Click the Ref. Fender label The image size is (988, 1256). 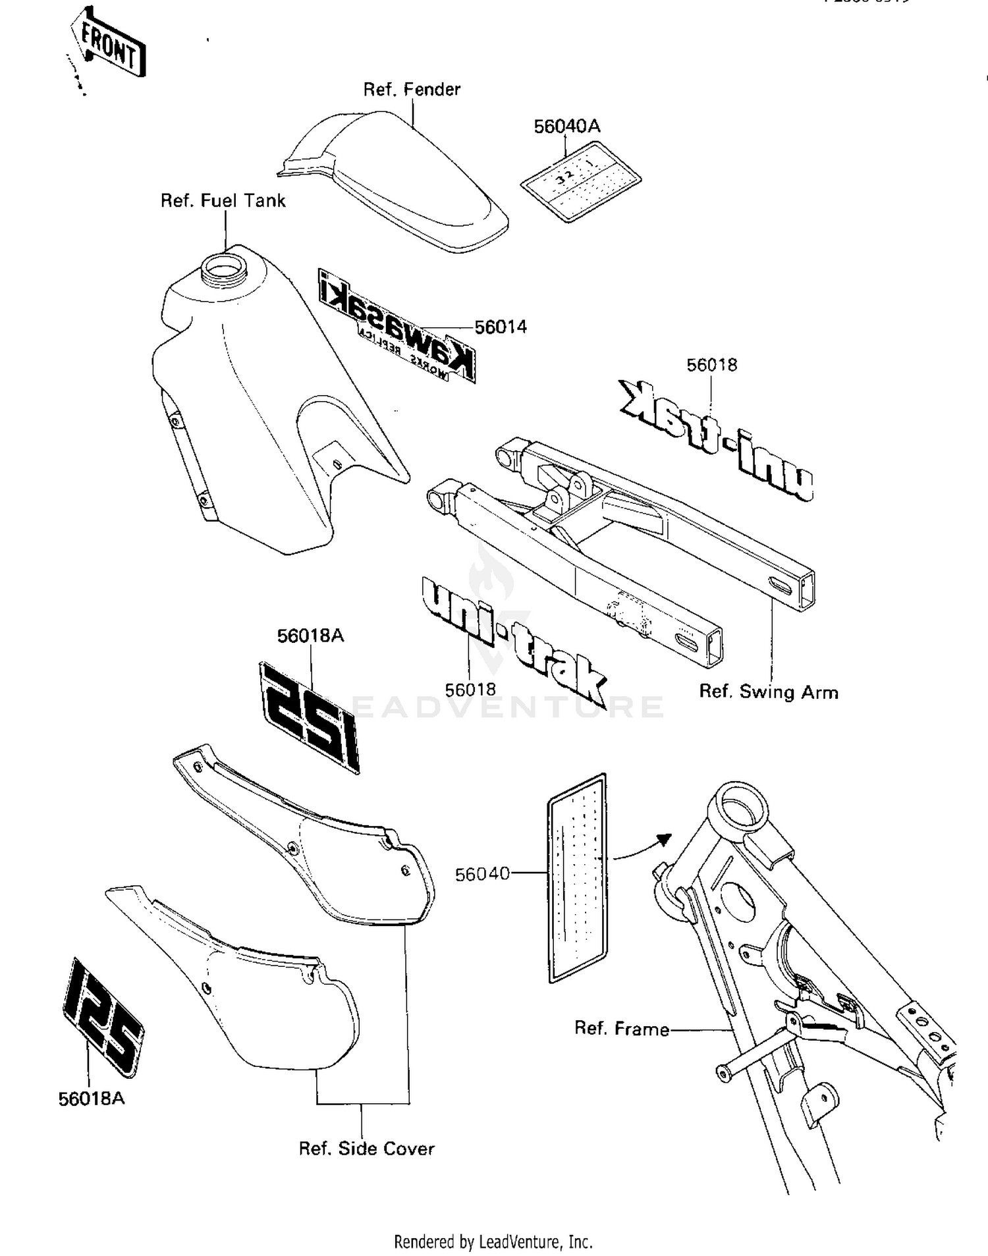point(412,90)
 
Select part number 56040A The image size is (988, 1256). point(566,126)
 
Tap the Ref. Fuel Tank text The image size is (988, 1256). point(223,201)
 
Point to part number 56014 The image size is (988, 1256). point(501,327)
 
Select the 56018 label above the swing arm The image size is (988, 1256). point(711,365)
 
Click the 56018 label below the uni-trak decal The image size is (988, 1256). point(470,690)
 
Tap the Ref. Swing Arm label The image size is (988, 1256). point(768,692)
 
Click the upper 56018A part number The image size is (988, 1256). point(310,636)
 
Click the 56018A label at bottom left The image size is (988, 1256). point(91,1099)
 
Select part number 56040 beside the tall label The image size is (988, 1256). point(482,874)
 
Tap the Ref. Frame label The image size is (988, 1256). point(621,1029)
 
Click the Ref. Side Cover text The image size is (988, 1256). point(366,1149)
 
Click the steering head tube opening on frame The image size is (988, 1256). point(742,809)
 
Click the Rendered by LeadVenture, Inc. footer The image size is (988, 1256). point(493,1242)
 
